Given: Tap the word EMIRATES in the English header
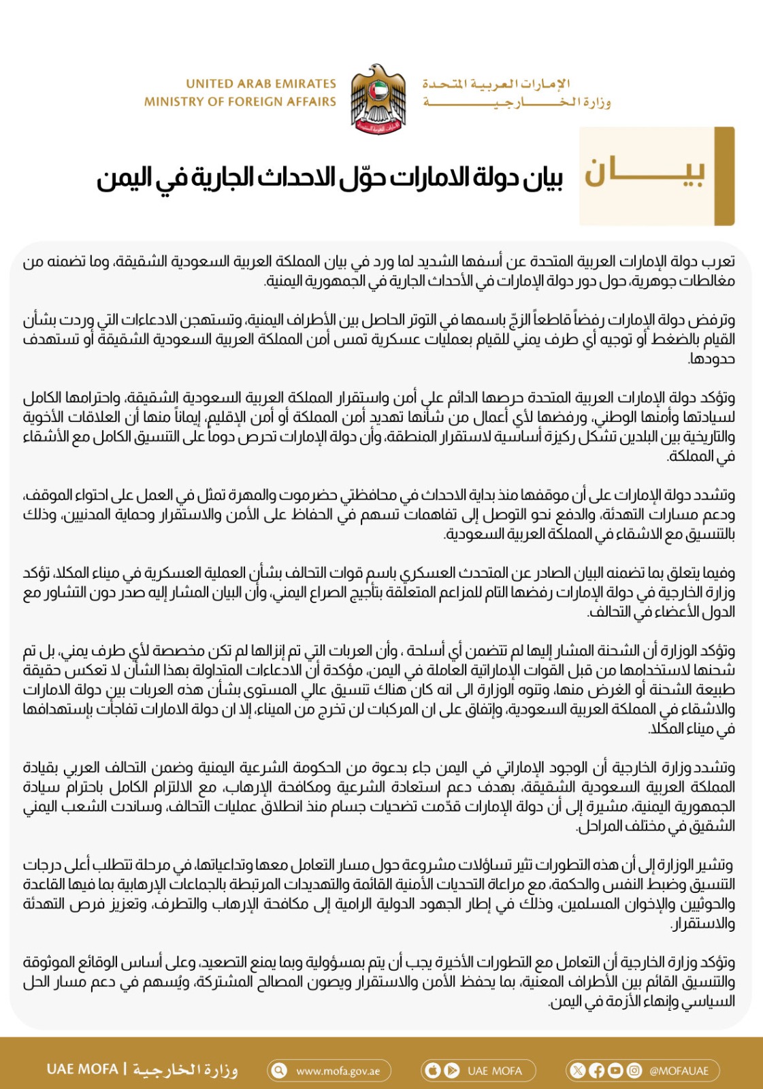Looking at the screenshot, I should [302, 84].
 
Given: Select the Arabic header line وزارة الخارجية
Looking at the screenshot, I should [516, 102].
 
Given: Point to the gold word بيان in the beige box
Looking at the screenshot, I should [645, 174].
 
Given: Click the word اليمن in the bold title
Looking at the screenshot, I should [124, 178].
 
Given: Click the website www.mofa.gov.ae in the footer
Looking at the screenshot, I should [338, 1071].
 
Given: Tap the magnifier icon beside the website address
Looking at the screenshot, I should [279, 1071].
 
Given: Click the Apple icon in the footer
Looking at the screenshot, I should [433, 1071].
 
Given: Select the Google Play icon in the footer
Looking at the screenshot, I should [451, 1071].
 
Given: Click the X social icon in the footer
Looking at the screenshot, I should [578, 1071].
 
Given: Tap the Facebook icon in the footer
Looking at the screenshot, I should [596, 1071].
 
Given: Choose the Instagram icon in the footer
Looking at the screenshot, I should [634, 1071].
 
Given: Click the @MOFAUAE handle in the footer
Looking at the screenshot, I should [679, 1071].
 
